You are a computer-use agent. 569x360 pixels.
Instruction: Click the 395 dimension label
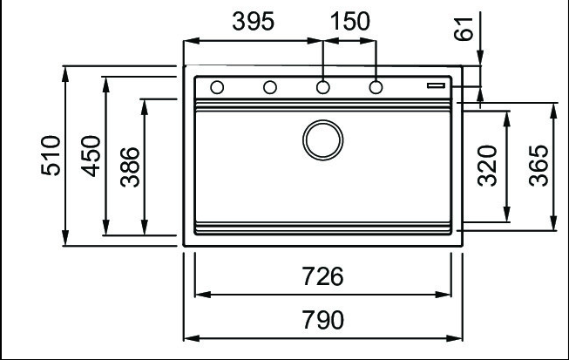tap(253, 21)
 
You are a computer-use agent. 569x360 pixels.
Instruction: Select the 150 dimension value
tap(350, 21)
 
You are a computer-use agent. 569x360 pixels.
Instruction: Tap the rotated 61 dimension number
tap(464, 29)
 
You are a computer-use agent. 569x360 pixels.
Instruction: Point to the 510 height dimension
tap(51, 155)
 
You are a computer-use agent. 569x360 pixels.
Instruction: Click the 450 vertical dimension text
tap(91, 156)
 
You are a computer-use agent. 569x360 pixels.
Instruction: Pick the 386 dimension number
tap(130, 167)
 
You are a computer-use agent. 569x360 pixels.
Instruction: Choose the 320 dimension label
tap(487, 166)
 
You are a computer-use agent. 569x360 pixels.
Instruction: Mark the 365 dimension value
tap(539, 166)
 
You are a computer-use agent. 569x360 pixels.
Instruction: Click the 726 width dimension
tap(322, 276)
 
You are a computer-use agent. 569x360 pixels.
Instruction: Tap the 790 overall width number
tap(323, 320)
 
